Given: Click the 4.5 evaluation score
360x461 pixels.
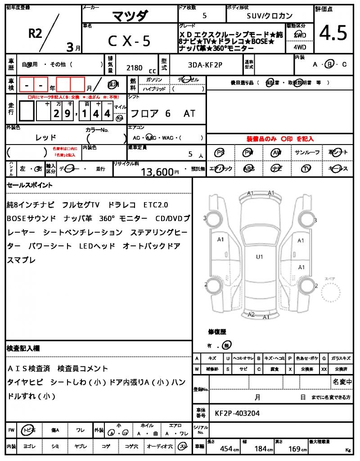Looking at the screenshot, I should click(x=333, y=33).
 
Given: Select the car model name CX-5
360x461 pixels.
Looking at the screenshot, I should click(x=129, y=41).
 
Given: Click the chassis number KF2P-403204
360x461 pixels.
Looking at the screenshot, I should click(x=237, y=413).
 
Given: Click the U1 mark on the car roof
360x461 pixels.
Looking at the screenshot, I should click(x=259, y=257).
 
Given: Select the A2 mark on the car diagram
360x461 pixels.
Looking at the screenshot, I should click(x=252, y=314).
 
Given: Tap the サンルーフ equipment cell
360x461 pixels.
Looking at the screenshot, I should click(x=307, y=153).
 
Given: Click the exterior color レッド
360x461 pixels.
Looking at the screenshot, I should click(x=46, y=137).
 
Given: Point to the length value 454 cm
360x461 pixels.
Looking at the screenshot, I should click(x=226, y=448).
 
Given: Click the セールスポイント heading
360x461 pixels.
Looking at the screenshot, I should click(x=30, y=185).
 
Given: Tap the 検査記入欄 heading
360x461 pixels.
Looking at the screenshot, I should click(x=23, y=348).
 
